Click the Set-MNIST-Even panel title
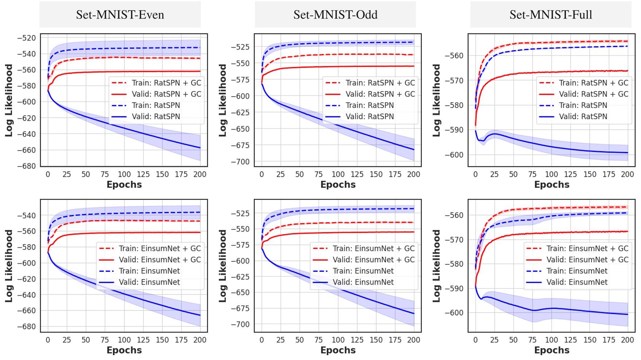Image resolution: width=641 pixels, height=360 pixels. tap(120, 15)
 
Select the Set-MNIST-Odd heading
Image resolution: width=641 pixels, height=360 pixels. tap(335, 15)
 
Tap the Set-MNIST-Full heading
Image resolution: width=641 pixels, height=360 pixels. tap(551, 15)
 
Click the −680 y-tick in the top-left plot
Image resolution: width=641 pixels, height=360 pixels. tap(26, 166)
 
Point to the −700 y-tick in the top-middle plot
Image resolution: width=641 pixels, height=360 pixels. tap(241, 162)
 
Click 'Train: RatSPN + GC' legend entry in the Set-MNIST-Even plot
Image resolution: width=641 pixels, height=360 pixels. tap(166, 83)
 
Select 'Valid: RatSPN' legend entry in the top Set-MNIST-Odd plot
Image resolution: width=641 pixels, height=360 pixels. tap(370, 117)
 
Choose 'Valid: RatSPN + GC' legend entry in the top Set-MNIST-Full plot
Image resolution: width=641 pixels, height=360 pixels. tap(594, 94)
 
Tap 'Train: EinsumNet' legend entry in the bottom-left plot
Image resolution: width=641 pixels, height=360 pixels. tap(149, 271)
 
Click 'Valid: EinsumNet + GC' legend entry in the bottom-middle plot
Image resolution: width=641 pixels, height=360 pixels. tap(373, 260)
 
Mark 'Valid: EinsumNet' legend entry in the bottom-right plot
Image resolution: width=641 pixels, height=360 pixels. tap(577, 282)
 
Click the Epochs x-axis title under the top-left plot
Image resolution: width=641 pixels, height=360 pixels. tap(124, 185)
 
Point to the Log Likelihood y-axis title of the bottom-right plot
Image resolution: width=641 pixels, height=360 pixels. tap(436, 266)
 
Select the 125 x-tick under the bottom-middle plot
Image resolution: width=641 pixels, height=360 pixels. tap(357, 340)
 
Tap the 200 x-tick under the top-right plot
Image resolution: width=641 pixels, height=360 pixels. tap(627, 175)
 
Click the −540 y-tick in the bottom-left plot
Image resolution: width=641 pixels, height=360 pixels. tap(26, 215)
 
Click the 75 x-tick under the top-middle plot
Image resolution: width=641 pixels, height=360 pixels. tap(319, 175)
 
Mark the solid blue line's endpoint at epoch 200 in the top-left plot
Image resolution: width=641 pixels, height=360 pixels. tap(200, 148)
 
